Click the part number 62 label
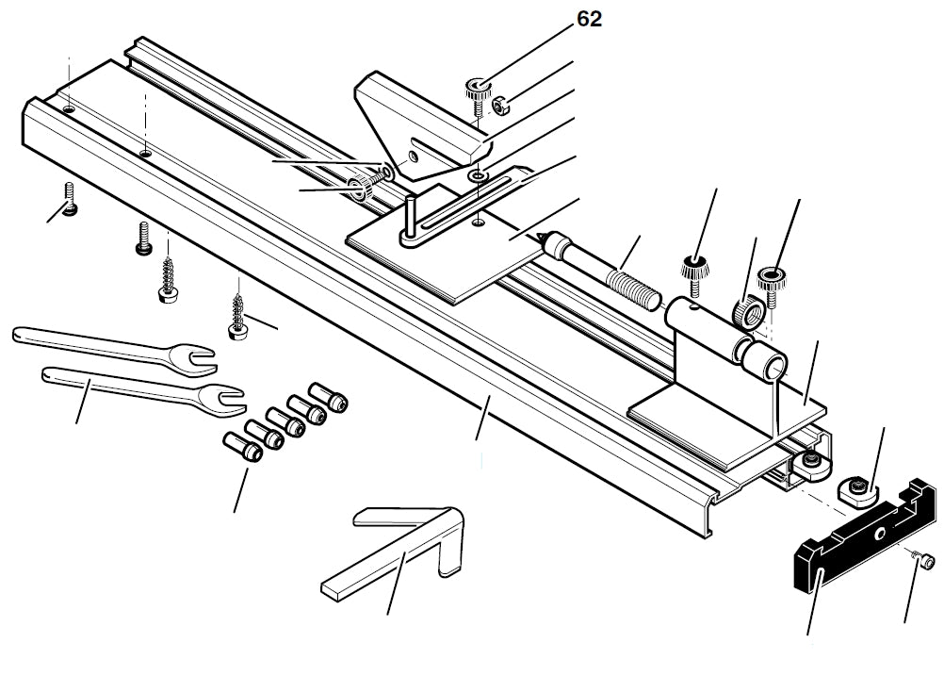pos(590,18)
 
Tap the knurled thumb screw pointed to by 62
pos(478,91)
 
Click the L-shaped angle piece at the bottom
pos(396,556)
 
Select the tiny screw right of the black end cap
pos(926,562)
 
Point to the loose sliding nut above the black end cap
pos(855,487)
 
